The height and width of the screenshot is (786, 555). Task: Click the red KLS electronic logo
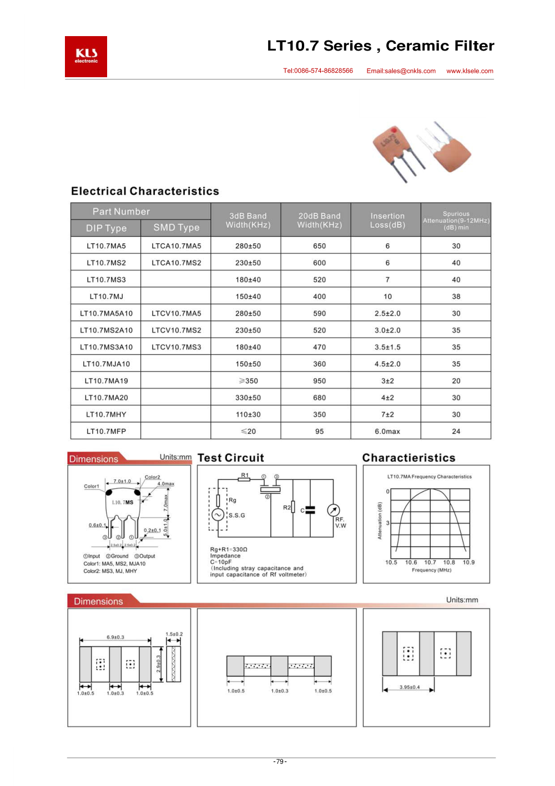[x=86, y=57]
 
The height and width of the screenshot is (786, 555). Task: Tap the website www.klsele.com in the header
[x=470, y=71]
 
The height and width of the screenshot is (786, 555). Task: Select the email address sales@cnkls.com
[x=401, y=71]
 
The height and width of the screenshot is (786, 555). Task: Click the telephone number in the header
[x=318, y=71]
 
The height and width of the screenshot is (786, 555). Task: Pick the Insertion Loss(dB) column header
[x=387, y=220]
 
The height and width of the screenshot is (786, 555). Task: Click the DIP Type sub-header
[x=106, y=228]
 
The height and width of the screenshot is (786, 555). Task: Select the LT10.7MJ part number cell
[x=106, y=297]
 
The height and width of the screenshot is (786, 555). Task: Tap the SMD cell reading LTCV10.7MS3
[x=176, y=347]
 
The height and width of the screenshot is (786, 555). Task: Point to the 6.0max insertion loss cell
[x=387, y=432]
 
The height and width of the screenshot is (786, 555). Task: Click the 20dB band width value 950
[x=320, y=381]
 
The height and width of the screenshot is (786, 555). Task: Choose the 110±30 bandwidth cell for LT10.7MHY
[x=248, y=415]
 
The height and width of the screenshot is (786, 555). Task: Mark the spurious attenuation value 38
[x=456, y=297]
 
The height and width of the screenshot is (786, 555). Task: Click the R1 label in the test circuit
[x=245, y=475]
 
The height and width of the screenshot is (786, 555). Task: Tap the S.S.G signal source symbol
[x=218, y=515]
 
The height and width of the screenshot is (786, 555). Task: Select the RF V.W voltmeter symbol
[x=333, y=510]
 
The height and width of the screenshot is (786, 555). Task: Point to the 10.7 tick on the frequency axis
[x=430, y=563]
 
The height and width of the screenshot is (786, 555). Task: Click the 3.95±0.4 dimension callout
[x=410, y=687]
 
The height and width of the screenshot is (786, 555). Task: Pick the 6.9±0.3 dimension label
[x=115, y=637]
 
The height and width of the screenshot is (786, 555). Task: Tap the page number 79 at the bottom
[x=280, y=762]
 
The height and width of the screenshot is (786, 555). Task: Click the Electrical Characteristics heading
[x=145, y=191]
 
